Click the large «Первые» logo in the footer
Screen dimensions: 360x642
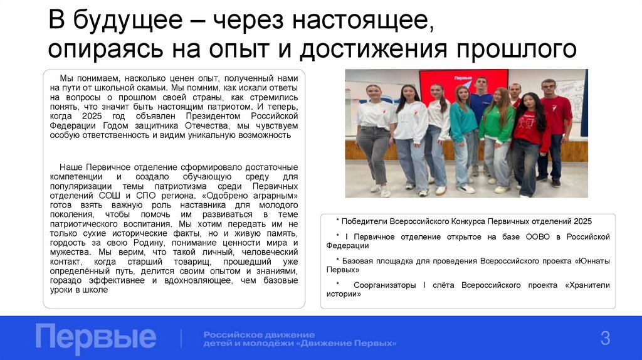[x=95, y=337]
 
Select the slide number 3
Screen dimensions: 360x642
[x=605, y=339]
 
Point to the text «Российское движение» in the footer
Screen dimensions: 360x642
[x=259, y=334]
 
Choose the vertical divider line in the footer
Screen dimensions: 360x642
[x=182, y=338]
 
